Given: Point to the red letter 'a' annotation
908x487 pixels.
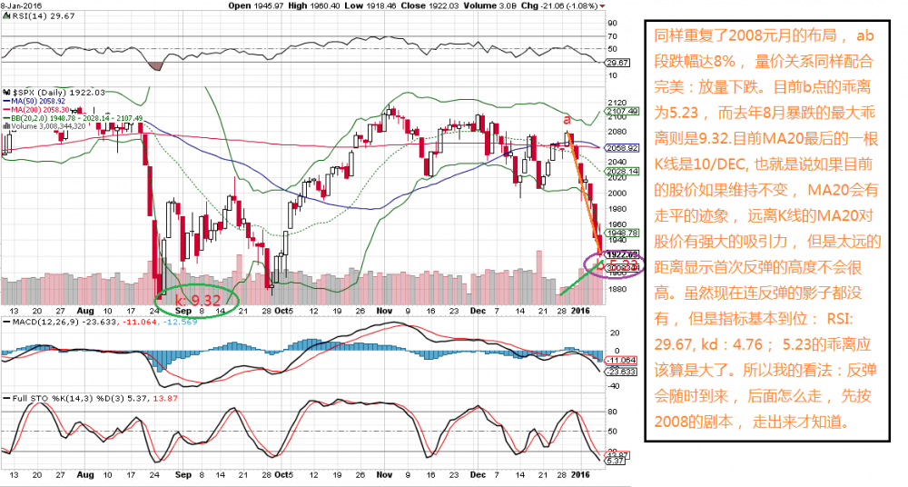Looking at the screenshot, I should coord(567,118).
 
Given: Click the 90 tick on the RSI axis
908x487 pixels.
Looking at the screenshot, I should coord(612,23).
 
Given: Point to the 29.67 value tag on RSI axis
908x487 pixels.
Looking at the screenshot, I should coord(617,62).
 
